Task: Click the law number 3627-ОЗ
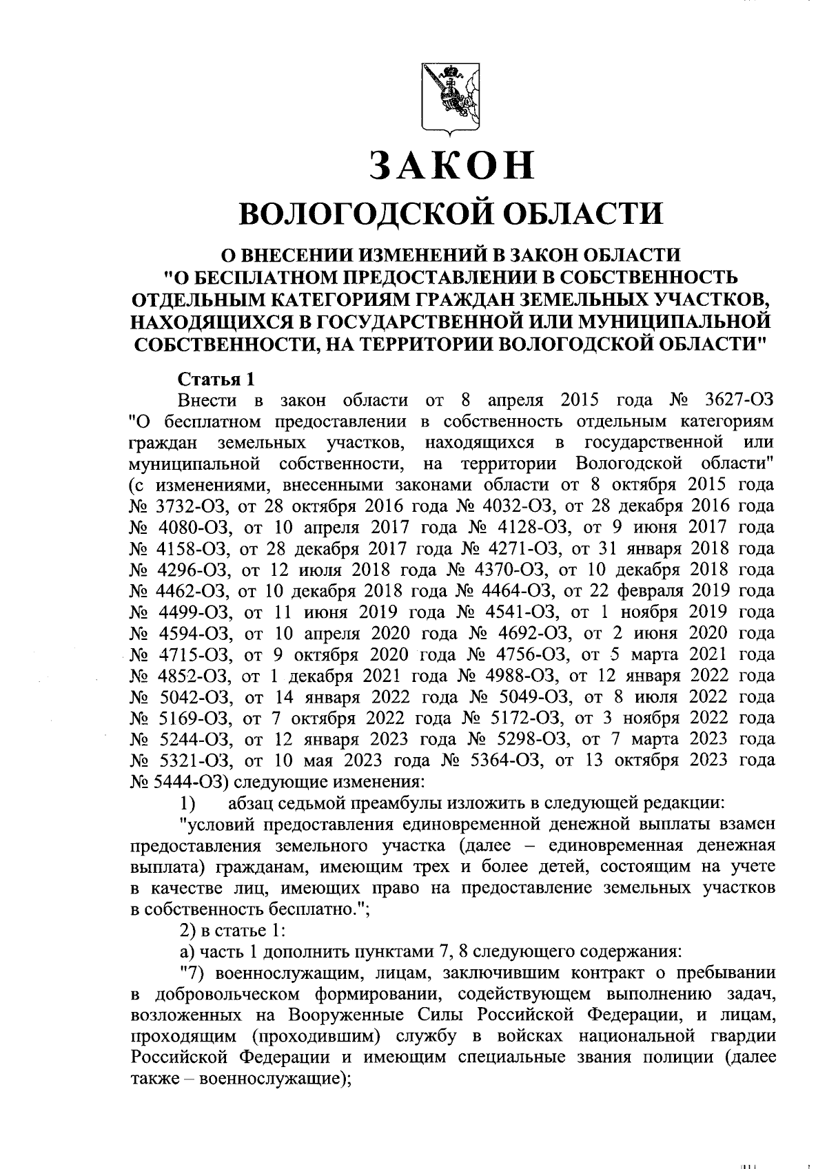pyautogui.click(x=740, y=400)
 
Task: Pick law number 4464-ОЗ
pyautogui.click(x=513, y=591)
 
